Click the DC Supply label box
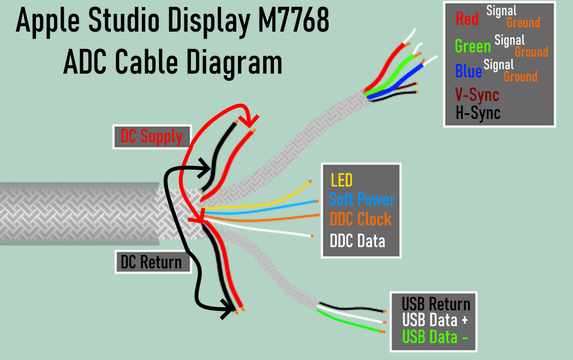coord(152,136)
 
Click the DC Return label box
coord(153,262)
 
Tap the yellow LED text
coord(342,180)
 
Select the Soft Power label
coord(361,199)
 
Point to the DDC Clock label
coord(360,219)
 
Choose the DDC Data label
coord(357,241)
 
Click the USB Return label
coord(435,304)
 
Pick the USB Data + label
coord(434,320)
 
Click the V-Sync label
coord(477,95)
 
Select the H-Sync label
coord(478,112)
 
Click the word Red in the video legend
coord(467,20)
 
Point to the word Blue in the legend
coord(468,71)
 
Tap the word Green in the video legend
coord(473,46)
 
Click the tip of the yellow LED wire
coord(311,181)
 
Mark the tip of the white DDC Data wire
coord(312,236)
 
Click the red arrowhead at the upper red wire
coord(252,118)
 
